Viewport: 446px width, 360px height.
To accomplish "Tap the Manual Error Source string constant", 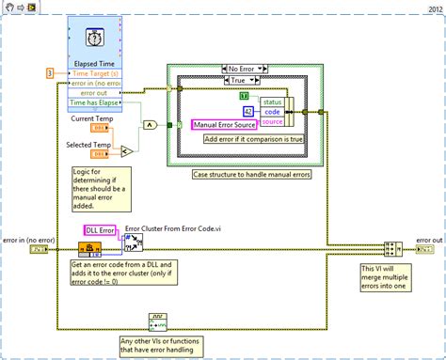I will click(x=231, y=124).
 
